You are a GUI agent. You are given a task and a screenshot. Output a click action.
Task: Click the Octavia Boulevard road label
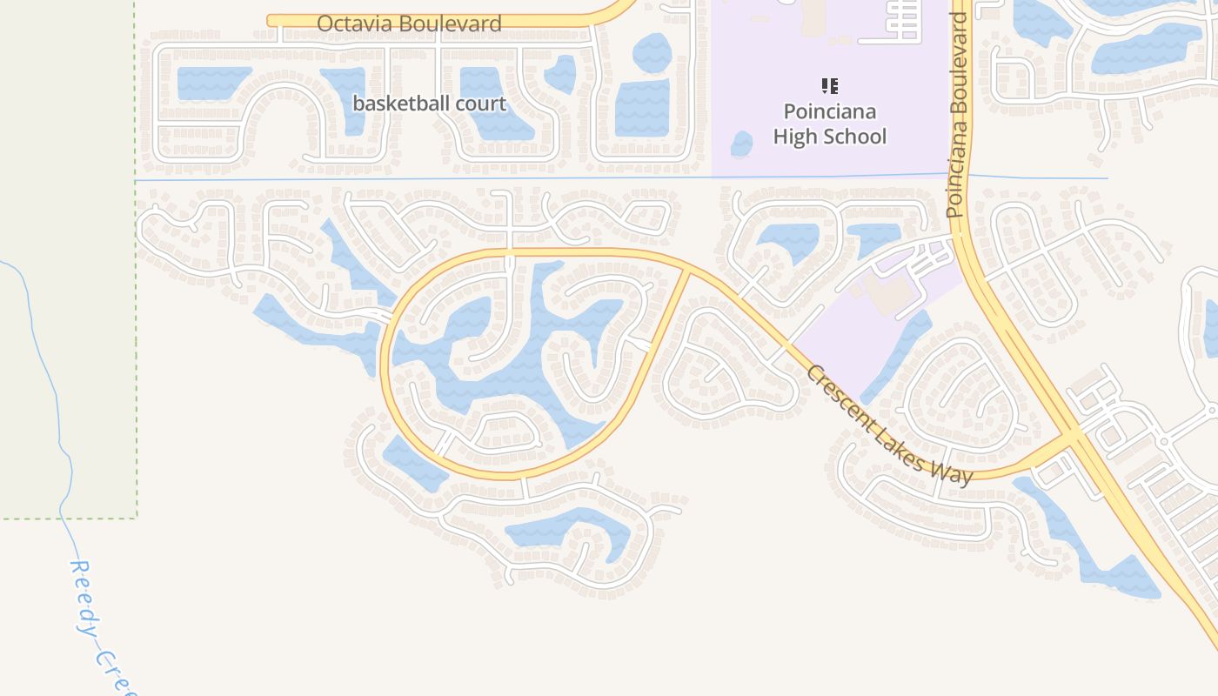click(409, 23)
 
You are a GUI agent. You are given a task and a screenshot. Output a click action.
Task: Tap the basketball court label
click(429, 104)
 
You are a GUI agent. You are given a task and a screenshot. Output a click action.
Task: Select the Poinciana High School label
click(829, 124)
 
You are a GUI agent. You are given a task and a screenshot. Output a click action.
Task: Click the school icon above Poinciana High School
click(829, 86)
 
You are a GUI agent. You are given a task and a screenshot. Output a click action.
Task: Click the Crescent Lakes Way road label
click(888, 425)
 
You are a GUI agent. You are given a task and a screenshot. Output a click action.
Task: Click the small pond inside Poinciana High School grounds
click(741, 144)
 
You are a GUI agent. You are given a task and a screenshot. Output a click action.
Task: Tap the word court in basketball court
click(478, 104)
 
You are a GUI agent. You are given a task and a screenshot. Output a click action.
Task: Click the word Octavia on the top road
click(350, 23)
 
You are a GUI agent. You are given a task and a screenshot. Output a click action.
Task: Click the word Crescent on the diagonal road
click(840, 395)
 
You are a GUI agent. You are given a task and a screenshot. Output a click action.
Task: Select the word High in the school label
click(793, 137)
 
